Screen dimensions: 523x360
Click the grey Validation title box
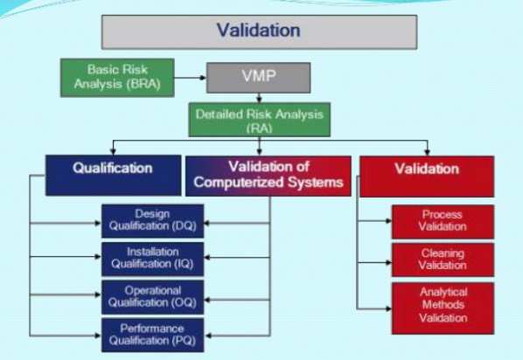[259, 32]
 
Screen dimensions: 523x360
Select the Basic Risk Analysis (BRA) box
[117, 78]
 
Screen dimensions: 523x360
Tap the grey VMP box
[259, 78]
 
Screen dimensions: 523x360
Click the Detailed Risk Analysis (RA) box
[260, 120]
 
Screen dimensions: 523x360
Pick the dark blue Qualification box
[114, 175]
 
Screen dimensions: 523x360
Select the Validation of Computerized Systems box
[268, 176]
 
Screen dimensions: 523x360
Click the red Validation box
[427, 177]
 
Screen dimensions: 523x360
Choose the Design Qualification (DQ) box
[153, 221]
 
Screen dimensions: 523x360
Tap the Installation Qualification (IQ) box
[153, 259]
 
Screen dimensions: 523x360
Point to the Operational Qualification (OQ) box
[153, 297]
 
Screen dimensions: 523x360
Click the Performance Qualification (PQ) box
[153, 335]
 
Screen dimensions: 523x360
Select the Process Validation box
[443, 222]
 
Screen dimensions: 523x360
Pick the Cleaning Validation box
[443, 260]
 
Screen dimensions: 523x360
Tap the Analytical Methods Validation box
[443, 308]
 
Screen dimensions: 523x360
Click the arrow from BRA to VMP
[191, 78]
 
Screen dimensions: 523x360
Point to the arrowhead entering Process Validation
[389, 221]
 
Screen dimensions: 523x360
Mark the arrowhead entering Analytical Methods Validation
[389, 308]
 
